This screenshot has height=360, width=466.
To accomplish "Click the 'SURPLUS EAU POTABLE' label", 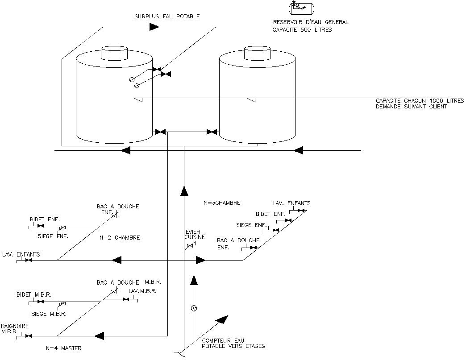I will tap(166, 17).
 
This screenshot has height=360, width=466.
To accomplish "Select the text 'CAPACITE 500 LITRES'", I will tap(302, 30).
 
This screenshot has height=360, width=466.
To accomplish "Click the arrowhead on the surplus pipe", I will tap(154, 27).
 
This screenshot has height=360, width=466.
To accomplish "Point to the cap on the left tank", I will tap(114, 53).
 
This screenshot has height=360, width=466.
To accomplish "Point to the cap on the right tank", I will tap(258, 53).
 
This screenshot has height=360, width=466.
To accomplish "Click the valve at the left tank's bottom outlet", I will tap(160, 132).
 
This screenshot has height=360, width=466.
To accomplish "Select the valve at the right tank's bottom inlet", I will tap(212, 132).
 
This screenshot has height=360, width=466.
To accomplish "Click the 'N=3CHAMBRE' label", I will tap(222, 203).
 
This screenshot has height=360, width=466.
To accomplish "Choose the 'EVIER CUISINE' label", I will tap(195, 234).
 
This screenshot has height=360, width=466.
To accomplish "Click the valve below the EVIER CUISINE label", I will tap(191, 245).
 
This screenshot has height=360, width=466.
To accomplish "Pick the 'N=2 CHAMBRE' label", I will tap(120, 238).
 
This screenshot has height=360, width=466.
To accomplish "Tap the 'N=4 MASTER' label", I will tap(64, 348).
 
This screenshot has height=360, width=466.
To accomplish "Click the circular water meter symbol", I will tap(194, 308).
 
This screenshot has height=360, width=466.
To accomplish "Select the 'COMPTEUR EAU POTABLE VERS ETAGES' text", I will tap(233, 343).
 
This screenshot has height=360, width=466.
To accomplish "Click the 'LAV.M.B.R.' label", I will tap(142, 291).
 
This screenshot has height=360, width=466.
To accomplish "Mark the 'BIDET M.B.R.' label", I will tap(34, 295).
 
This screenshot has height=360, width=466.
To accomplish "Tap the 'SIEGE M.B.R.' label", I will tap(49, 314).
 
